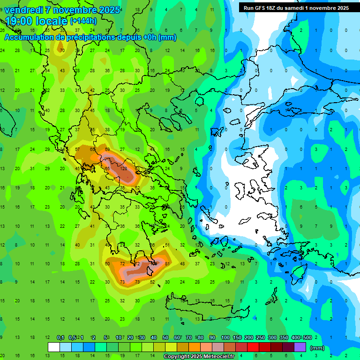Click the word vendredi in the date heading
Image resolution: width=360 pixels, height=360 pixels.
[x=24, y=10]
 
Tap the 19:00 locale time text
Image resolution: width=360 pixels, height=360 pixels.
[x=36, y=21]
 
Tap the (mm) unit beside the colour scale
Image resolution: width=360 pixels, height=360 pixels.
[x=317, y=348]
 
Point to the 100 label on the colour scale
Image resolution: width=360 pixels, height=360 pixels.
[x=226, y=337]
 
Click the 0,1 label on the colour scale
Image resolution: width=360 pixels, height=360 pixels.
[x=60, y=337]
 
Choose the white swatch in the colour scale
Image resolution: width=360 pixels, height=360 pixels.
[x=54, y=347]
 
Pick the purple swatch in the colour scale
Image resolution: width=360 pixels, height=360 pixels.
[x=300, y=347]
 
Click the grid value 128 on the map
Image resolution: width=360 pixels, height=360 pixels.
[x=124, y=168]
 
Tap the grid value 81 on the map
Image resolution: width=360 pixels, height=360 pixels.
[x=167, y=263]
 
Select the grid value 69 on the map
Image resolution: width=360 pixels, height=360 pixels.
[x=108, y=149]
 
